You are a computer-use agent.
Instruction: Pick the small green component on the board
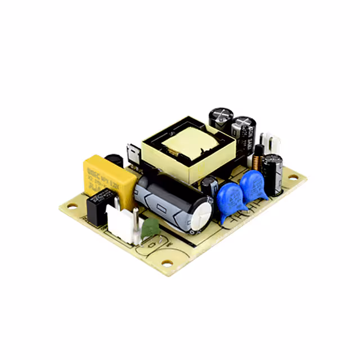point(150,228)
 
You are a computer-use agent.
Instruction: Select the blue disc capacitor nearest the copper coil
point(253,185)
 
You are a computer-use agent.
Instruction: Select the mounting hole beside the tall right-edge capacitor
point(294,177)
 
